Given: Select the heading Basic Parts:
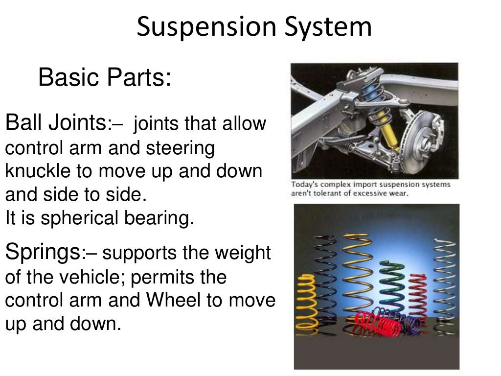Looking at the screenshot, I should pyautogui.click(x=105, y=77).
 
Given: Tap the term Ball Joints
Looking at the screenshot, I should pyautogui.click(x=55, y=122).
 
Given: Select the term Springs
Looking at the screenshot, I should pyautogui.click(x=42, y=253).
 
